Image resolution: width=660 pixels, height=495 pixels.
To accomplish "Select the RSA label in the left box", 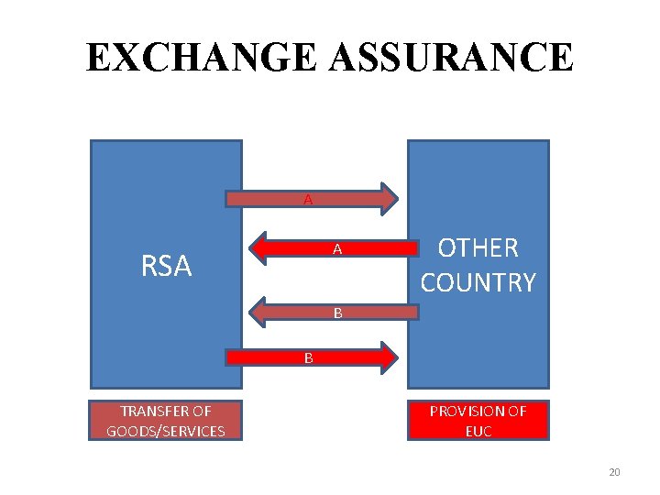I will coord(166,266).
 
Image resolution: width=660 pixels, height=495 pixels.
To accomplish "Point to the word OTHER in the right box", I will coord(478,247).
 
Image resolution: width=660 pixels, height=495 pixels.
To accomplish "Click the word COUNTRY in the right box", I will coord(478,282).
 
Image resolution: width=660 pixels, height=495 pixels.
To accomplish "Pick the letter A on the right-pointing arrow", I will coord(308,199).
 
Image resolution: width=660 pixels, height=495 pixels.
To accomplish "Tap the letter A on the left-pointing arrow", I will coord(337,249).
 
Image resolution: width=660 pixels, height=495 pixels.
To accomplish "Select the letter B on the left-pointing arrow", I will coord(337,313).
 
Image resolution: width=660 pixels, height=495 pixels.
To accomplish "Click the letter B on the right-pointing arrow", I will coord(309,357).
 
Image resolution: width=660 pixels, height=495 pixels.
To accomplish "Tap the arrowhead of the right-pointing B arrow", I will coord(390,357).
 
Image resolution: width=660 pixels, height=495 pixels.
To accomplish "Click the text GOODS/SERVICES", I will coord(165,431).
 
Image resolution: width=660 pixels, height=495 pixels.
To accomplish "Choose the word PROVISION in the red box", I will coord(467,412).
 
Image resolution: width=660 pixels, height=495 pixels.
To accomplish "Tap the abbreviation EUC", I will coord(478,431).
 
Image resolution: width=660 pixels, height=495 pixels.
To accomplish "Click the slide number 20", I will coord(614,472).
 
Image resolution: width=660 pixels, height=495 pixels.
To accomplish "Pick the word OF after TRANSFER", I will coord(203,412).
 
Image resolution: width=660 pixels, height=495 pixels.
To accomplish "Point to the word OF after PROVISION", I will coord(517,412).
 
